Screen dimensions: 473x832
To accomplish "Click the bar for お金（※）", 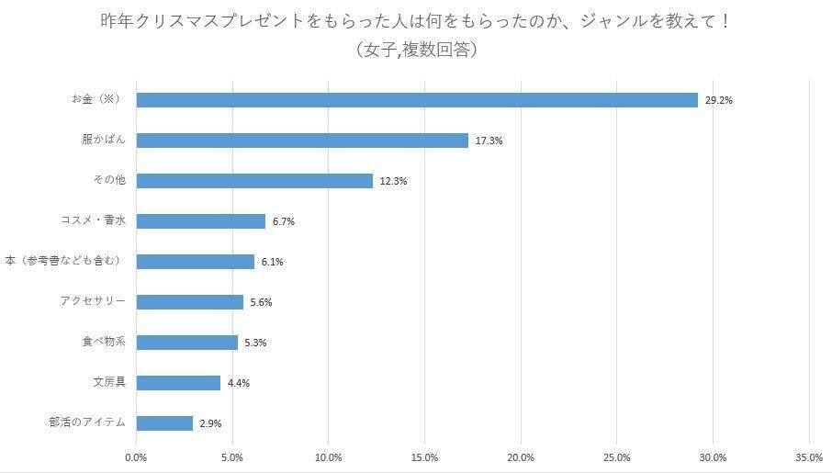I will pyautogui.click(x=417, y=100).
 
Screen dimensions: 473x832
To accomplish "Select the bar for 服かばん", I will pyautogui.click(x=302, y=141).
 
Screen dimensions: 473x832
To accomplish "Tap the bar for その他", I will pyautogui.click(x=254, y=181).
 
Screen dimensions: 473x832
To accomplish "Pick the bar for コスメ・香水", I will pyautogui.click(x=200, y=221).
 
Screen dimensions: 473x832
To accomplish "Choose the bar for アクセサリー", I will pyautogui.click(x=190, y=302).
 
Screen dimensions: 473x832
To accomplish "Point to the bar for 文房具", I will pyautogui.click(x=178, y=383).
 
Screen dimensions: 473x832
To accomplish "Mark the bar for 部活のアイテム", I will pyautogui.click(x=164, y=423).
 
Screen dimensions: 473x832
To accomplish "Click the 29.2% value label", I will pyautogui.click(x=718, y=100).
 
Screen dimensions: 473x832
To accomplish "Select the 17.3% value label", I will pyautogui.click(x=489, y=141).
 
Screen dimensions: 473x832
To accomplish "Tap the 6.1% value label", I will pyautogui.click(x=273, y=262).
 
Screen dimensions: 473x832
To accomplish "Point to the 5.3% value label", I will pyautogui.click(x=257, y=343).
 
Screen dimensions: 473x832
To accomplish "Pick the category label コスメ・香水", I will pyautogui.click(x=92, y=220).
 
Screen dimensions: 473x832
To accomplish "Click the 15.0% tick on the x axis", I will pyautogui.click(x=424, y=457).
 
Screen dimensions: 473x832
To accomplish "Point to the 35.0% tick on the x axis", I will pyautogui.click(x=809, y=457).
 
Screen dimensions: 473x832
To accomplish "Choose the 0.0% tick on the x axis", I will pyautogui.click(x=136, y=457).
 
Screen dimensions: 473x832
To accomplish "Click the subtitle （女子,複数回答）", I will pyautogui.click(x=416, y=51).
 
